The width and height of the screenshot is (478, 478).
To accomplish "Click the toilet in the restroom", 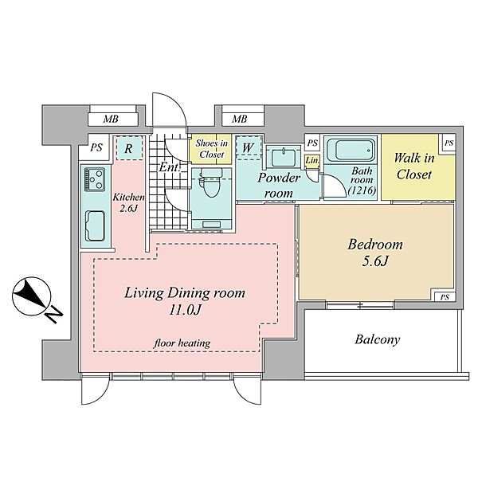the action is click(210, 185).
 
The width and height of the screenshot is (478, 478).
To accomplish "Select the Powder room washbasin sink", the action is click(283, 157).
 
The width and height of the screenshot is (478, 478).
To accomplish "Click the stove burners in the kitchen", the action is click(95, 179).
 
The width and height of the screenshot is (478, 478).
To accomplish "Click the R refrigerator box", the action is click(129, 148).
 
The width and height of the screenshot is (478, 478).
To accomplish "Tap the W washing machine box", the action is click(249, 147).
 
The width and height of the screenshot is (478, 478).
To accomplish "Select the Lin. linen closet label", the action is click(312, 160).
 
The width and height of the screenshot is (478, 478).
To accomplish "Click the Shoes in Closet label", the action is click(212, 149).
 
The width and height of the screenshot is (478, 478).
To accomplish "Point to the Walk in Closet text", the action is click(414, 167).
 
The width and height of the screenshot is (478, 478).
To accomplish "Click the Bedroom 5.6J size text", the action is click(375, 261).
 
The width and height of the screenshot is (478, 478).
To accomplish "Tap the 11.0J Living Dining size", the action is click(185, 310).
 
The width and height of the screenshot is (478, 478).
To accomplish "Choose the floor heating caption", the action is click(182, 343).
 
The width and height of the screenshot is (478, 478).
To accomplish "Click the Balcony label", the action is click(377, 339).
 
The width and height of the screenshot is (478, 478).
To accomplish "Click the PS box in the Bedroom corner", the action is click(445, 296).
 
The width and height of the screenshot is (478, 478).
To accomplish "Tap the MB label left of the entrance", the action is click(111, 119).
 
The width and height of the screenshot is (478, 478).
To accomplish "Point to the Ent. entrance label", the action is click(169, 167).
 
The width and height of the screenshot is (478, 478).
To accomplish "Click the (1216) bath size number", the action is click(362, 190).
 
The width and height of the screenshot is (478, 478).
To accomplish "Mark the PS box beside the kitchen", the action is click(96, 148).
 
